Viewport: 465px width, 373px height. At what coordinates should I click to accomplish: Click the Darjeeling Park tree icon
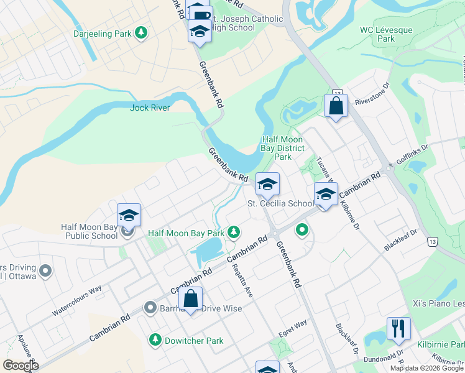point(141,32)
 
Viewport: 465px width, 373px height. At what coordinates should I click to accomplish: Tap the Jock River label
point(150,108)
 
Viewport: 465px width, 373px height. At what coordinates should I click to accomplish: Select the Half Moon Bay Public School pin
point(129,215)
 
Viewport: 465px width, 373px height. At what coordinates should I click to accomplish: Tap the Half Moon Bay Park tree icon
point(234,233)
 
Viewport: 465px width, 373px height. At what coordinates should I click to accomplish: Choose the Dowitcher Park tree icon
point(155,340)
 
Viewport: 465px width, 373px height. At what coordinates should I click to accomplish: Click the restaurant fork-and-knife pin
point(398,328)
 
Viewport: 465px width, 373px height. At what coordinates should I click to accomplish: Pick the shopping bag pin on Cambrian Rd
point(190,300)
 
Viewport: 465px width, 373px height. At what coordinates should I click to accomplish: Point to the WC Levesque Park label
point(377,34)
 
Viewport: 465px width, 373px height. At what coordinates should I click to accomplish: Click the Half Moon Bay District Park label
point(283,148)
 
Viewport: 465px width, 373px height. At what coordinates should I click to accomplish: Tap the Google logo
point(21,366)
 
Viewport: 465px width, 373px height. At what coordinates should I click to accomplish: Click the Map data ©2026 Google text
point(426,368)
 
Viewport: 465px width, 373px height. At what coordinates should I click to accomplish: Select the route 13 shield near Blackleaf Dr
point(430,240)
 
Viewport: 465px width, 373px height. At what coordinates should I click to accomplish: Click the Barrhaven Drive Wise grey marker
point(150,307)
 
